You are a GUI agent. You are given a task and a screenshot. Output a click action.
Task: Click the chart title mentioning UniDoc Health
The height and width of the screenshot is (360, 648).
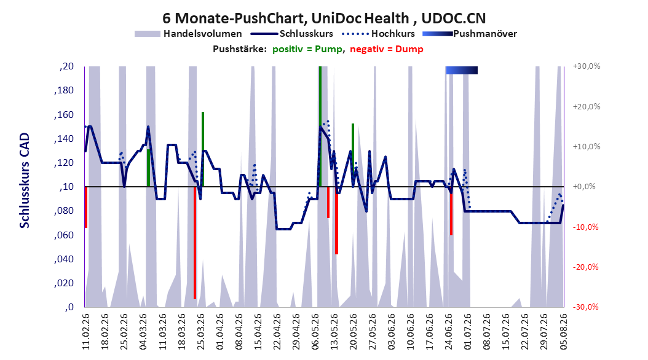[x=324, y=18]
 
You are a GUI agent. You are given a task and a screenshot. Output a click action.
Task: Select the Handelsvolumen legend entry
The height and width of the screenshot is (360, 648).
[x=188, y=34]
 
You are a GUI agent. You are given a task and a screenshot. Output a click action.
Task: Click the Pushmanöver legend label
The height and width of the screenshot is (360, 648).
[x=485, y=34]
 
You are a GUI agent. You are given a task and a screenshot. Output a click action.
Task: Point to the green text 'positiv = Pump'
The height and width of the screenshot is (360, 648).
[x=307, y=49]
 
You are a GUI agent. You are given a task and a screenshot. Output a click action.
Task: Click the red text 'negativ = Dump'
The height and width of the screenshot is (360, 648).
[x=387, y=49]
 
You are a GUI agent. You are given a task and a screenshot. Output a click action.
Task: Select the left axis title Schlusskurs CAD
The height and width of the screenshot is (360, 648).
[x=25, y=181]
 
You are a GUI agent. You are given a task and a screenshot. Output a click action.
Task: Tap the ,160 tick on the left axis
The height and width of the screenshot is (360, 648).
[x=64, y=115]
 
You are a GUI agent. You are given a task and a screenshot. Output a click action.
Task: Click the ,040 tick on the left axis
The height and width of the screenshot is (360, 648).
[x=64, y=259]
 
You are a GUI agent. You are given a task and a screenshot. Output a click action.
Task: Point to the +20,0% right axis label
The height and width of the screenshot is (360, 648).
[x=587, y=106]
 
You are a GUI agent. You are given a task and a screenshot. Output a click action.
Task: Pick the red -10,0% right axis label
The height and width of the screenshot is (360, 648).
[x=585, y=227]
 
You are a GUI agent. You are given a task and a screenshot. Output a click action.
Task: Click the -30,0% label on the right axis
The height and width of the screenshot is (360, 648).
[x=585, y=307]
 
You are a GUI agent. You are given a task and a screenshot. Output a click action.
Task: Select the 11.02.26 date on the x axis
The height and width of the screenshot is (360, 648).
[x=86, y=332]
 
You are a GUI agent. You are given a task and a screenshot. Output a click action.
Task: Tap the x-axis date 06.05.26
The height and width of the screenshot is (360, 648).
[x=315, y=332]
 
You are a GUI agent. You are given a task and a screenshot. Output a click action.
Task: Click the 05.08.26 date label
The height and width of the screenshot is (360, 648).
[x=563, y=332]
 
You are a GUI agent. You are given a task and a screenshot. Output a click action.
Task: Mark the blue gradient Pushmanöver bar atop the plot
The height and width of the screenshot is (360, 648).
[x=462, y=70]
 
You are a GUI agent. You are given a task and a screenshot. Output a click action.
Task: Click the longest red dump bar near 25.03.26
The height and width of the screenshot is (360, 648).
[x=195, y=243]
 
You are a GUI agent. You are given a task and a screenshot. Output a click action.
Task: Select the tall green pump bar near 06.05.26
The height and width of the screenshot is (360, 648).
[x=320, y=127]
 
